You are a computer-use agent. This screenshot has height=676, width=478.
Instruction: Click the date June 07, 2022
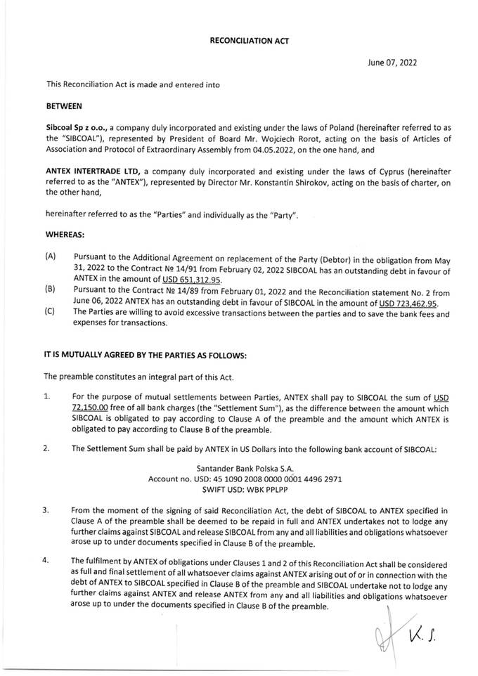pyautogui.click(x=392, y=63)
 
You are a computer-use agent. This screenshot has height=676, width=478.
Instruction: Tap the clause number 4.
pyautogui.click(x=49, y=560)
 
